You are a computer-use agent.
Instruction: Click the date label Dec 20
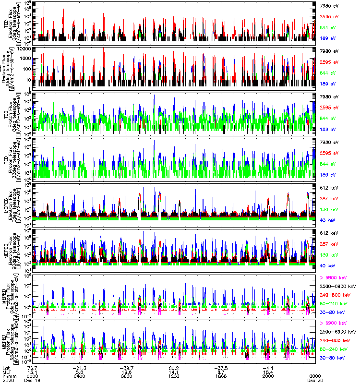[314, 380]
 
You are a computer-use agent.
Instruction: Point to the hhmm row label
[7, 376]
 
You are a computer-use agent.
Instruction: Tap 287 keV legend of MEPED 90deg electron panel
[326, 244]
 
